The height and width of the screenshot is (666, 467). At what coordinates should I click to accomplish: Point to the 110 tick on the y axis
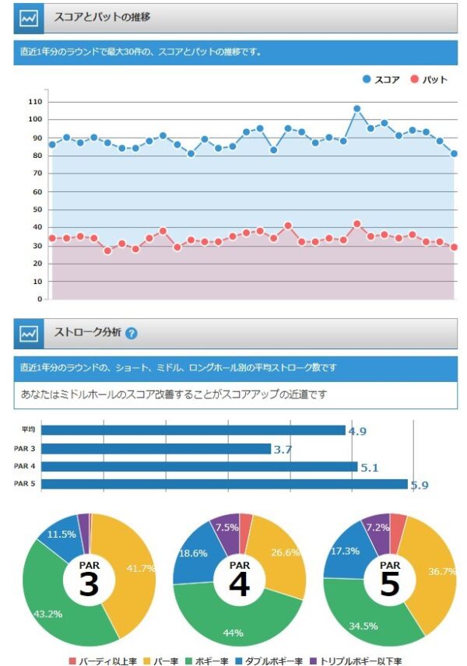pyautogui.click(x=34, y=102)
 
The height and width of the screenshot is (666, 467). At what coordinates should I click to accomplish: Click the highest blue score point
pyautogui.click(x=356, y=109)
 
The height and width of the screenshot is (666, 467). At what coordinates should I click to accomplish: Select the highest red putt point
pyautogui.click(x=356, y=224)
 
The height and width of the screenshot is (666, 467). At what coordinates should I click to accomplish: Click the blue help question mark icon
pyautogui.click(x=131, y=333)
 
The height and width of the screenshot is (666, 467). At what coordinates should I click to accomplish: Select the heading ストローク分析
pyautogui.click(x=87, y=333)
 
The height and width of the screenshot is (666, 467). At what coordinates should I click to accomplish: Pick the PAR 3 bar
pyautogui.click(x=156, y=449)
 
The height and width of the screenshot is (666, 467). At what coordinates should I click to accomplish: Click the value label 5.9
pyautogui.click(x=420, y=485)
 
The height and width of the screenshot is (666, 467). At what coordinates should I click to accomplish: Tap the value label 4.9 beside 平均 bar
pyautogui.click(x=357, y=431)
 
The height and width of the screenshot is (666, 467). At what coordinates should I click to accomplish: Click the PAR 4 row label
pyautogui.click(x=26, y=467)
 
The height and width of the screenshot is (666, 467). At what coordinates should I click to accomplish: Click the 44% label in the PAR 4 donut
pyautogui.click(x=233, y=633)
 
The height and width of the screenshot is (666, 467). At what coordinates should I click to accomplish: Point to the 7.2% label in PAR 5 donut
pyautogui.click(x=378, y=528)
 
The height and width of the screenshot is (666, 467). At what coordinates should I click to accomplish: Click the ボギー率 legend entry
pyautogui.click(x=209, y=661)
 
